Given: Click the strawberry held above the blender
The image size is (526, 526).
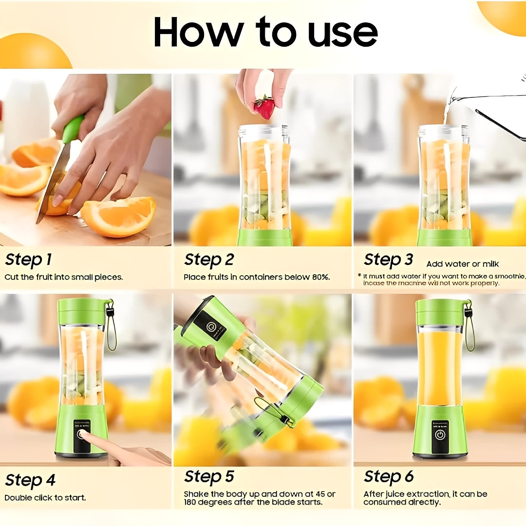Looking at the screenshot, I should [264, 107].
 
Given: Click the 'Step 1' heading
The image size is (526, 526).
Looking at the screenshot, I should [28, 260].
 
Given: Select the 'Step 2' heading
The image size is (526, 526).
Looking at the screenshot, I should [208, 260].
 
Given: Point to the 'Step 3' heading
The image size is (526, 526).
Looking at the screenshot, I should [388, 260].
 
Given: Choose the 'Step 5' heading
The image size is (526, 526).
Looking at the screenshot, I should [209, 476].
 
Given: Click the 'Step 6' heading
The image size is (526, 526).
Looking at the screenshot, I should [389, 476].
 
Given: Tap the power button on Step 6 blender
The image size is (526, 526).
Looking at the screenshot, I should [440, 435].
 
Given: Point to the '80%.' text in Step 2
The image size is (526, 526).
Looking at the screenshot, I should [320, 277].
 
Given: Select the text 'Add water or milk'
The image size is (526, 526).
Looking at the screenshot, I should [462, 264].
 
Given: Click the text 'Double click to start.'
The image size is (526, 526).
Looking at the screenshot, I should [45, 498].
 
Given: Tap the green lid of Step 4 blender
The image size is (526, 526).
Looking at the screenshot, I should [82, 311].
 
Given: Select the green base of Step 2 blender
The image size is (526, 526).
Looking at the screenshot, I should [264, 237].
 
